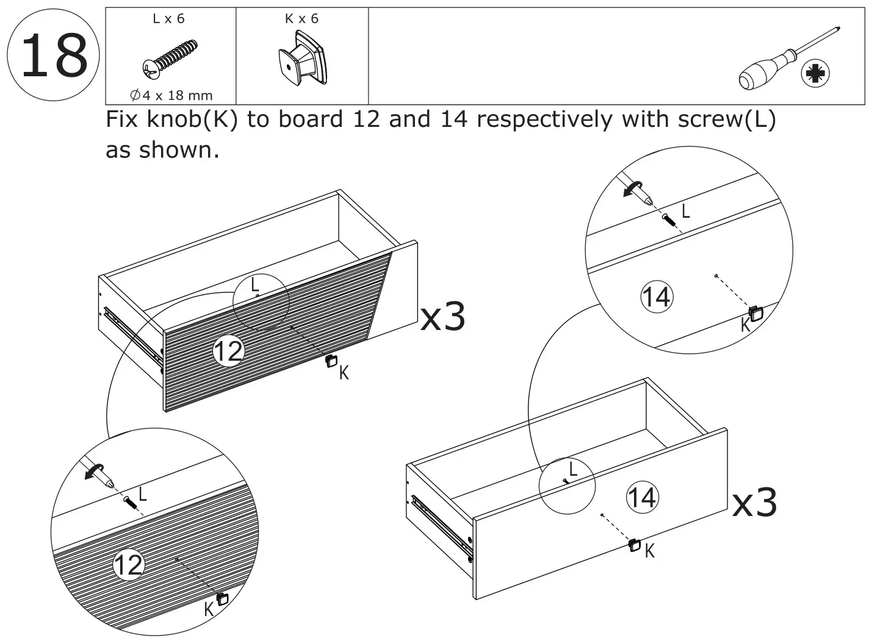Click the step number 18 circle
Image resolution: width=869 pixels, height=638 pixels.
(x=54, y=56)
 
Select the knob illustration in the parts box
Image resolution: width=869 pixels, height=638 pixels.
(x=302, y=60)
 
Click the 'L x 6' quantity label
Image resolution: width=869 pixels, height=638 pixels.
(x=168, y=19)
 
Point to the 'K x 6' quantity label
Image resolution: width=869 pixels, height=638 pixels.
(x=301, y=19)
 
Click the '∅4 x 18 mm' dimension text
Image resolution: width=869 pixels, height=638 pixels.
(x=171, y=95)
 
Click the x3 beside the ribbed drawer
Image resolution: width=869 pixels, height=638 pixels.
(x=443, y=317)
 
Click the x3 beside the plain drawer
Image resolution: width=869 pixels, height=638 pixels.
(x=754, y=503)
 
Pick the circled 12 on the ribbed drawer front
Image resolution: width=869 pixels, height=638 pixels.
(x=228, y=351)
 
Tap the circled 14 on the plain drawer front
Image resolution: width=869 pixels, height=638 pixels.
(x=642, y=497)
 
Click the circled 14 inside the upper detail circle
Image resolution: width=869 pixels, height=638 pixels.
(x=656, y=297)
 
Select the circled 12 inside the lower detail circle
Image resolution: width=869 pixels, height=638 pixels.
(x=129, y=565)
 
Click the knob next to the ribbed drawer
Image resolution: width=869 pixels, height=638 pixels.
(x=331, y=360)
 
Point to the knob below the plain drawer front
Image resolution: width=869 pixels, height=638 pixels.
(x=634, y=545)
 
